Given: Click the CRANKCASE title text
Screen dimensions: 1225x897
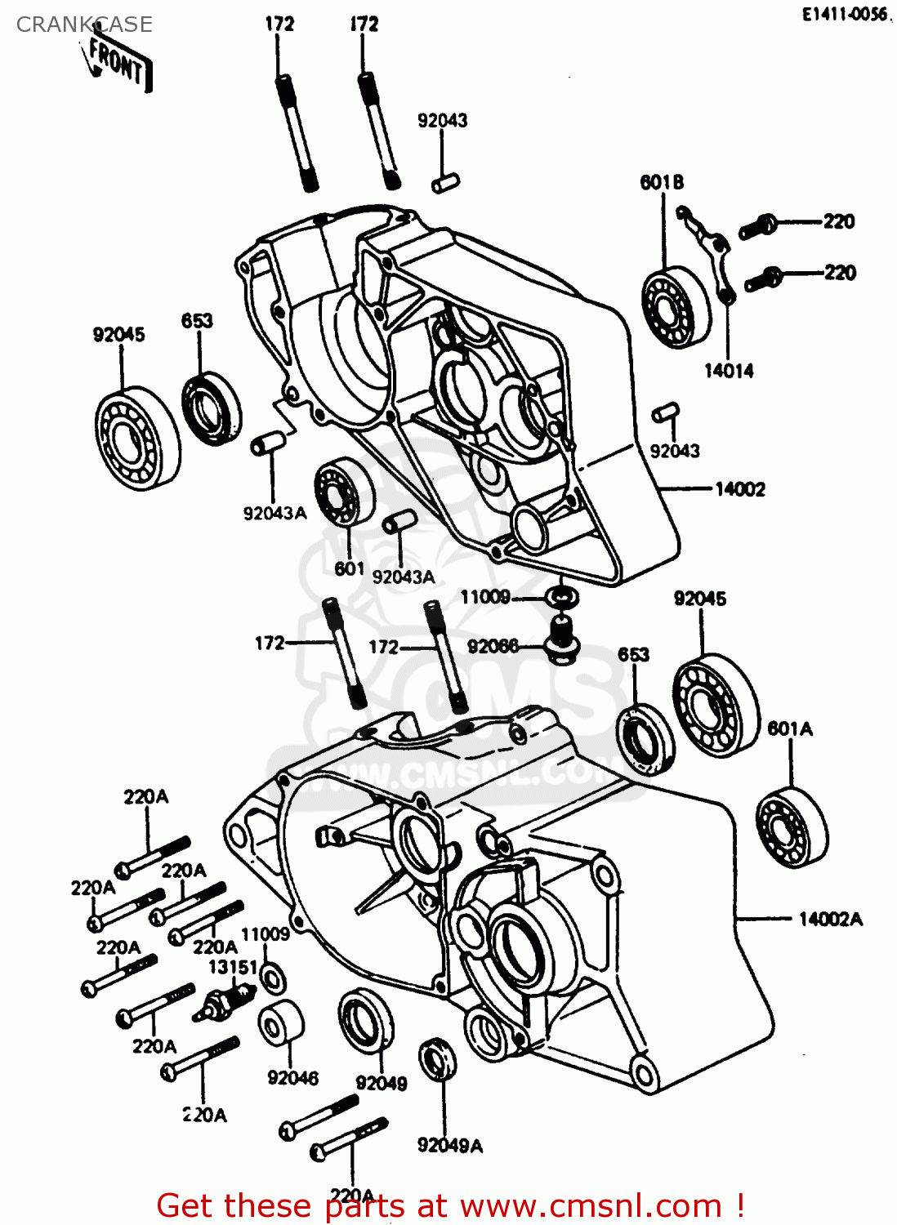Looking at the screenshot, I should [x=84, y=24].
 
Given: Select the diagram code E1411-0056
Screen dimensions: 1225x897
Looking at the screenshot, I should [x=844, y=15].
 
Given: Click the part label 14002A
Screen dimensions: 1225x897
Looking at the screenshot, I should [x=830, y=920].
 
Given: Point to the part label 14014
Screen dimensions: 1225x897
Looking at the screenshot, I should [x=729, y=371].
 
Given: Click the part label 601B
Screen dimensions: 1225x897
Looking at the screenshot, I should [x=662, y=182].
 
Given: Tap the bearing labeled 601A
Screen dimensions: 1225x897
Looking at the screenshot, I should [x=791, y=826].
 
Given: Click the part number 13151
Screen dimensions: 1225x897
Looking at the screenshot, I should [x=233, y=967].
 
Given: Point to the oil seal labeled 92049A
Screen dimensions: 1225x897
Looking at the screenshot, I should [x=437, y=1059].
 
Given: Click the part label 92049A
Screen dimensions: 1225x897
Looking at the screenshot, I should [x=449, y=1146].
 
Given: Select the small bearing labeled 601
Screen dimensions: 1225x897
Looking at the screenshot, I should [x=343, y=493].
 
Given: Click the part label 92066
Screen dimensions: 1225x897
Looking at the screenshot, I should [x=493, y=647].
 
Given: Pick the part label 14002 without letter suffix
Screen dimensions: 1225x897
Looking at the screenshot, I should [x=740, y=489].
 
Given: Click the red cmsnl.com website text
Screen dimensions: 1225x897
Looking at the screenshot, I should [x=449, y=1206].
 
